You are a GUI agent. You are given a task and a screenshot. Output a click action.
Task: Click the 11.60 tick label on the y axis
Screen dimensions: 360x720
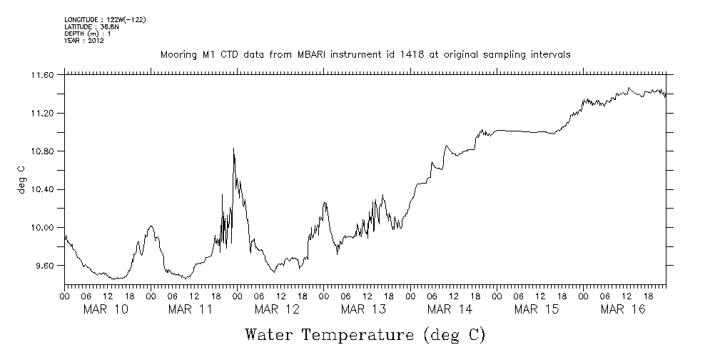(x=42, y=75)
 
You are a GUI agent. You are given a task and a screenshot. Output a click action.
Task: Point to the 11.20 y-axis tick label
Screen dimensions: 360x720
(x=42, y=114)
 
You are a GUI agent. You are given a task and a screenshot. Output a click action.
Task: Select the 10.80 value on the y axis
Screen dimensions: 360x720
(x=42, y=151)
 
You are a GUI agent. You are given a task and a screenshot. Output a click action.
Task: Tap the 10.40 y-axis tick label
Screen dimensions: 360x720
(x=42, y=189)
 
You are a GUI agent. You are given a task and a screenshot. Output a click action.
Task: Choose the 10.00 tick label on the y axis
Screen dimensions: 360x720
(x=42, y=228)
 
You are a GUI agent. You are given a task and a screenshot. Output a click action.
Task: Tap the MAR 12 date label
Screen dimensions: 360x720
(x=278, y=309)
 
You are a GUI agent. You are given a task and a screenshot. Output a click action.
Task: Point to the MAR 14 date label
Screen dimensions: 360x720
(x=450, y=309)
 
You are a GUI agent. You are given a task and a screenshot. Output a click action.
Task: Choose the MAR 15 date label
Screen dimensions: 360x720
(x=536, y=309)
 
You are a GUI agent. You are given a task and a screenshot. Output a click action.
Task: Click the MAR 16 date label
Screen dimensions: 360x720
(x=622, y=309)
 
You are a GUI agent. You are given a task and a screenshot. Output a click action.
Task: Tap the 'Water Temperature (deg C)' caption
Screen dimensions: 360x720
(x=365, y=335)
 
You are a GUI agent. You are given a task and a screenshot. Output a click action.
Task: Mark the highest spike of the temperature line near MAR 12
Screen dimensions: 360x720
(x=233, y=149)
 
